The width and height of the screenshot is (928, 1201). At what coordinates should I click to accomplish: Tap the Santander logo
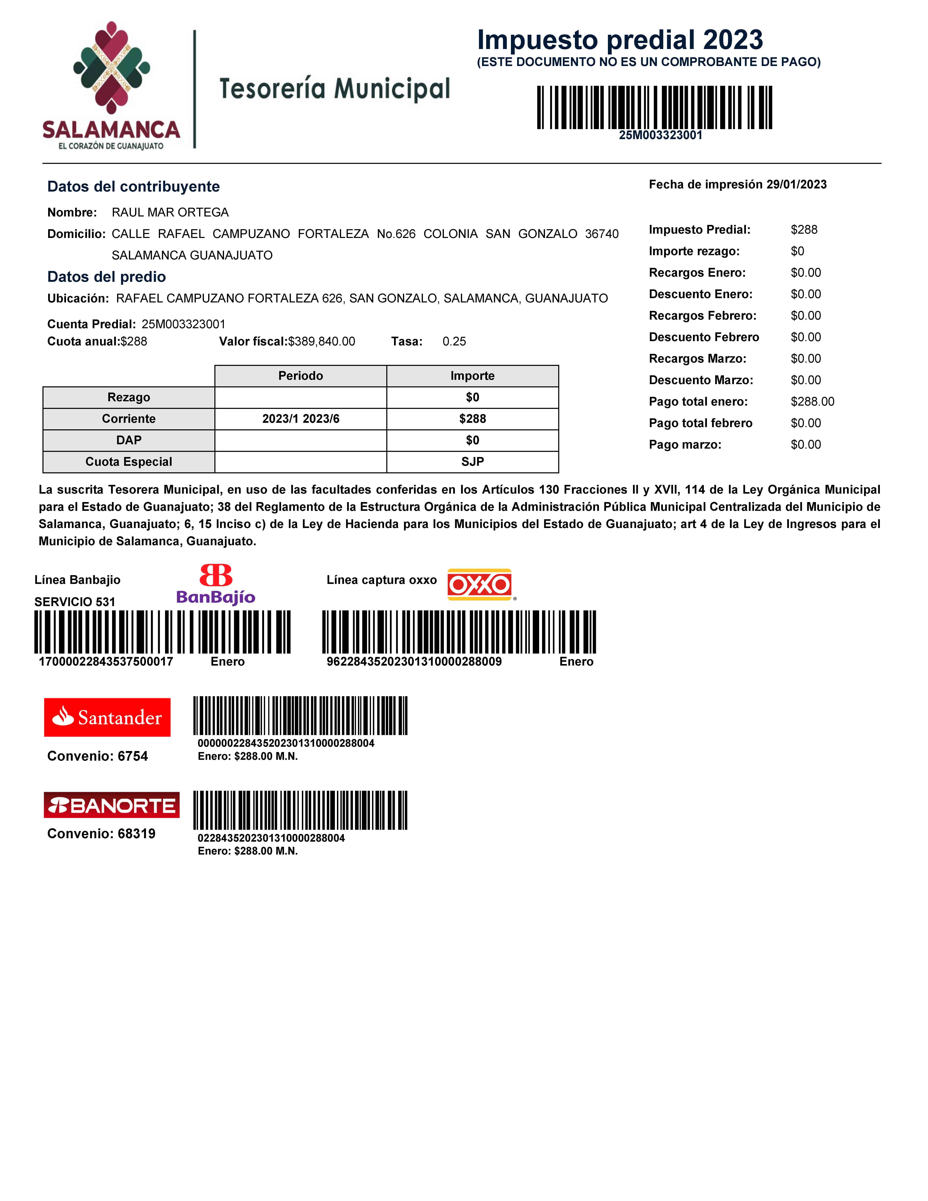[107, 717]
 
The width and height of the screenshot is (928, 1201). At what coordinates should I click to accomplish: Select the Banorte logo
[112, 805]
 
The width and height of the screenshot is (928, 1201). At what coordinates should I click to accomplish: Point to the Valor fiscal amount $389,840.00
[322, 341]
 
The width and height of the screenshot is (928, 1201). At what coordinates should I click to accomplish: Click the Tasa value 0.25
[454, 341]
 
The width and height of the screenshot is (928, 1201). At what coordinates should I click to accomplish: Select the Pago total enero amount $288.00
[812, 401]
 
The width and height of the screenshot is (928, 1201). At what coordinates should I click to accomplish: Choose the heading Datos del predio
[107, 277]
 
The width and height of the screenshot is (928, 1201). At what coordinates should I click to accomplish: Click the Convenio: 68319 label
[101, 834]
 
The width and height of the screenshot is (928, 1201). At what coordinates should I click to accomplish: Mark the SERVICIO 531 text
[75, 602]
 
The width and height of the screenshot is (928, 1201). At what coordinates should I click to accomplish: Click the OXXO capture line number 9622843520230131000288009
[414, 662]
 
